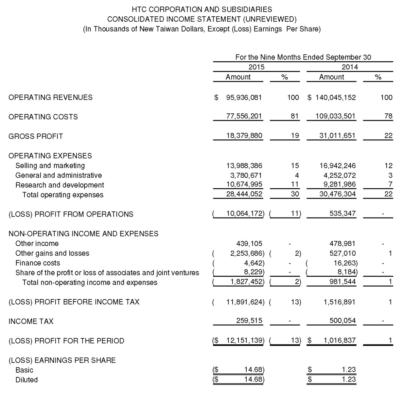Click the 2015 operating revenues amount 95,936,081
(x=244, y=98)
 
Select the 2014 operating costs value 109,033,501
(x=335, y=116)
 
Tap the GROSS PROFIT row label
(x=36, y=136)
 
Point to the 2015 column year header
(x=256, y=67)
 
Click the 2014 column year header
(x=350, y=67)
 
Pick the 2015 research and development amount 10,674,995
(x=244, y=184)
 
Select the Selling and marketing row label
(x=50, y=166)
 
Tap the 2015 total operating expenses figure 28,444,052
(x=244, y=194)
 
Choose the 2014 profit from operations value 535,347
(x=342, y=214)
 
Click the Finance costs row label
(x=38, y=263)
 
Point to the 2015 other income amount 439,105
(x=249, y=244)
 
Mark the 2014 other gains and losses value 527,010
(x=342, y=253)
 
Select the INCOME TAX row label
(x=31, y=322)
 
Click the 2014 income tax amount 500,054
(x=342, y=321)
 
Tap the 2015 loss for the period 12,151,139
(x=245, y=340)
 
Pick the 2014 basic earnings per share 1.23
(x=349, y=370)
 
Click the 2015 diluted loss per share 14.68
(x=254, y=380)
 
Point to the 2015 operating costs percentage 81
(x=295, y=116)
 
